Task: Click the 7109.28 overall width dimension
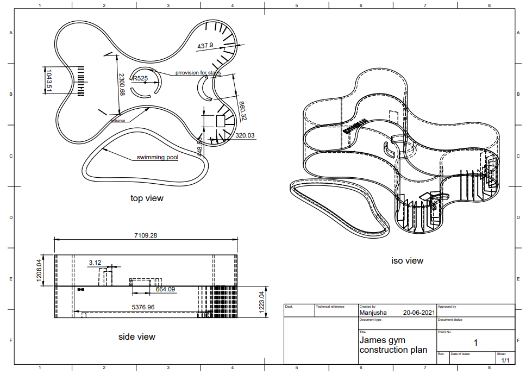pos(146,235)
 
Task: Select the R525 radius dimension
pos(140,78)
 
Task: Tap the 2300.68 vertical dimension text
pos(122,85)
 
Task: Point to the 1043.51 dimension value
pos(48,80)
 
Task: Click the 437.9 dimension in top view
pos(205,46)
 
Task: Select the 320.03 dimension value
pos(245,136)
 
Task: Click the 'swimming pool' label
pos(157,158)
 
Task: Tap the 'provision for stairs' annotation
pos(198,72)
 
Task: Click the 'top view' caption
pos(147,198)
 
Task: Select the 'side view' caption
pos(137,337)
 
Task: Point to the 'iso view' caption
pos(407,261)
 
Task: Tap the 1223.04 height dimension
pos(261,302)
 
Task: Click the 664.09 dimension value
pos(165,290)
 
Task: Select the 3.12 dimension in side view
pos(95,263)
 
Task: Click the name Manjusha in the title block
pos(372,313)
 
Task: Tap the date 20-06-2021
pos(418,313)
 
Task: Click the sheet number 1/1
pos(505,360)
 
